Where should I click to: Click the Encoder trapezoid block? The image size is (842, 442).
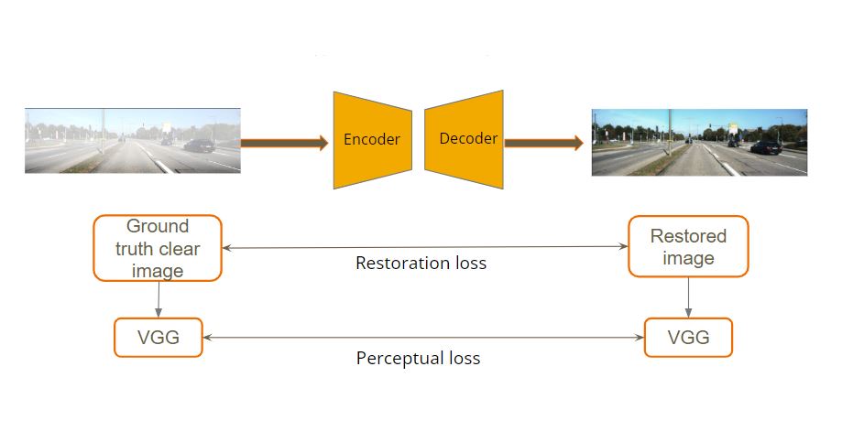click(x=373, y=140)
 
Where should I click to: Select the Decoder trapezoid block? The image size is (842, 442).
click(x=464, y=139)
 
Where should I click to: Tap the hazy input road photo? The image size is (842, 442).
click(x=133, y=141)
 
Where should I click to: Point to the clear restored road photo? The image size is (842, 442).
click(x=699, y=142)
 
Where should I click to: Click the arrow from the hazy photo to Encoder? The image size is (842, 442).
click(x=284, y=143)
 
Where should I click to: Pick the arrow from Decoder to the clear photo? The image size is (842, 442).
click(x=543, y=143)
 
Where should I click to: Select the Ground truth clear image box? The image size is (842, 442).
click(x=158, y=248)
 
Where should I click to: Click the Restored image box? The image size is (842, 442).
click(x=688, y=247)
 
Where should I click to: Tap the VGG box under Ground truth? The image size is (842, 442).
click(x=159, y=338)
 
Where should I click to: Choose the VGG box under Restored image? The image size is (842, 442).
click(x=688, y=338)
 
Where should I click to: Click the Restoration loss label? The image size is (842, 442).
click(x=421, y=263)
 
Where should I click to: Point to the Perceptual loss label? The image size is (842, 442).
click(x=419, y=358)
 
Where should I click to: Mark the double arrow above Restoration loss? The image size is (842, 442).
click(x=425, y=247)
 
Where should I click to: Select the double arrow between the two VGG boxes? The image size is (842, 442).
click(x=423, y=338)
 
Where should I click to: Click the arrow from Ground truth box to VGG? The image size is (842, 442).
click(x=159, y=300)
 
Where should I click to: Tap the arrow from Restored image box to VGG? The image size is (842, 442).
click(x=688, y=297)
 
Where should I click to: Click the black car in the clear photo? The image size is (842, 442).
click(x=766, y=147)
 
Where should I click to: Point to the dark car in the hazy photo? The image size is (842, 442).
click(x=199, y=146)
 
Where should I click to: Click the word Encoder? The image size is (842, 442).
click(x=372, y=139)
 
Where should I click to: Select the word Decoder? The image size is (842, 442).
click(x=468, y=138)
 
